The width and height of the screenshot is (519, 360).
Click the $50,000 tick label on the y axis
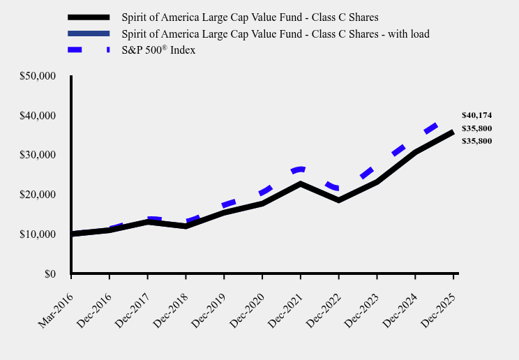click(x=38, y=75)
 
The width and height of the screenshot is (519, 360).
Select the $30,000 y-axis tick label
click(x=38, y=155)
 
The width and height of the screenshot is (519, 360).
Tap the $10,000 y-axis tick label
click(x=38, y=234)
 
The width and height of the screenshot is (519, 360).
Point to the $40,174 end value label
click(x=476, y=115)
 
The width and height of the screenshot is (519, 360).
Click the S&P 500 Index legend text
click(x=158, y=50)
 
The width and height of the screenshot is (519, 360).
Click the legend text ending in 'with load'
click(x=275, y=33)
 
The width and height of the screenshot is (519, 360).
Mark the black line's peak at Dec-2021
click(x=300, y=183)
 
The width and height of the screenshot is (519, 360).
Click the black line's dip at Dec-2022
click(x=338, y=200)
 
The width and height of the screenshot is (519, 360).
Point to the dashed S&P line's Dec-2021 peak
click(x=300, y=169)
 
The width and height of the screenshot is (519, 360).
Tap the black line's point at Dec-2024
click(x=415, y=152)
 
